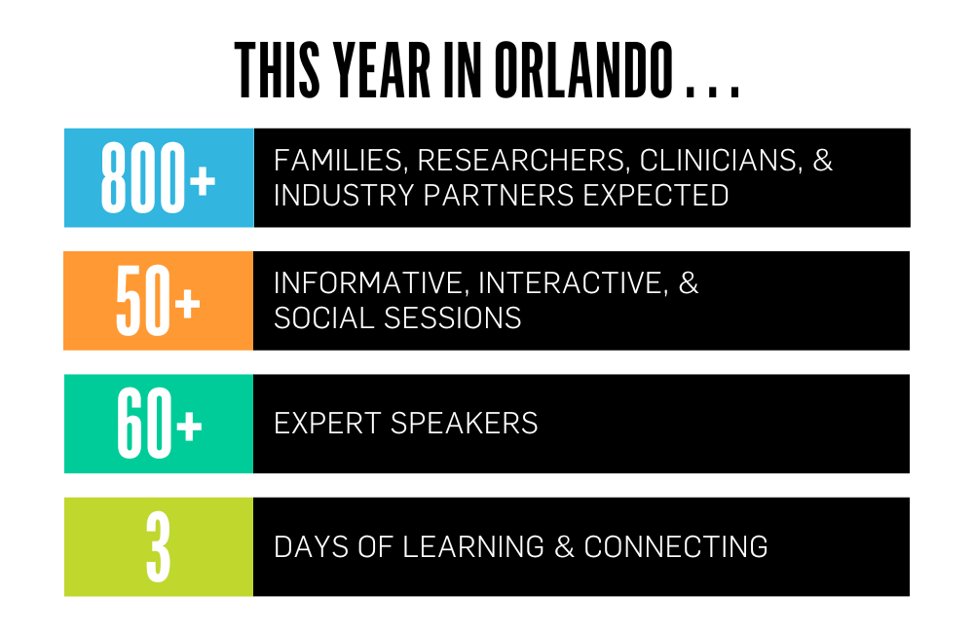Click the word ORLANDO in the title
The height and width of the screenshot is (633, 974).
click(x=583, y=70)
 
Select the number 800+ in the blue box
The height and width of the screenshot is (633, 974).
click(x=158, y=177)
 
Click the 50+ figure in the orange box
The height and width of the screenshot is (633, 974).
click(x=158, y=301)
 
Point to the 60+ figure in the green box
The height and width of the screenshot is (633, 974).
click(x=159, y=424)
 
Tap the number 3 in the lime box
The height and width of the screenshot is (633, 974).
click(x=159, y=546)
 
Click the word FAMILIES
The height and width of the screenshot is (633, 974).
click(x=340, y=161)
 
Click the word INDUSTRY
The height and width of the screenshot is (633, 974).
click(x=344, y=196)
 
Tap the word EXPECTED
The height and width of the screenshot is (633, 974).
click(x=656, y=196)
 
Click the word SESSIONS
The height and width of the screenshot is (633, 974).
click(x=452, y=318)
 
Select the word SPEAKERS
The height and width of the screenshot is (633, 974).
click(x=464, y=424)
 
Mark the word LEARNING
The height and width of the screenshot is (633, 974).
click(x=473, y=547)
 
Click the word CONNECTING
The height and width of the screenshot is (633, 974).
click(x=676, y=547)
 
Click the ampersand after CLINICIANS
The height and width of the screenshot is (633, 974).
click(x=822, y=161)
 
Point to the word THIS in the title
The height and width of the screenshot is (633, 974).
click(x=277, y=70)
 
